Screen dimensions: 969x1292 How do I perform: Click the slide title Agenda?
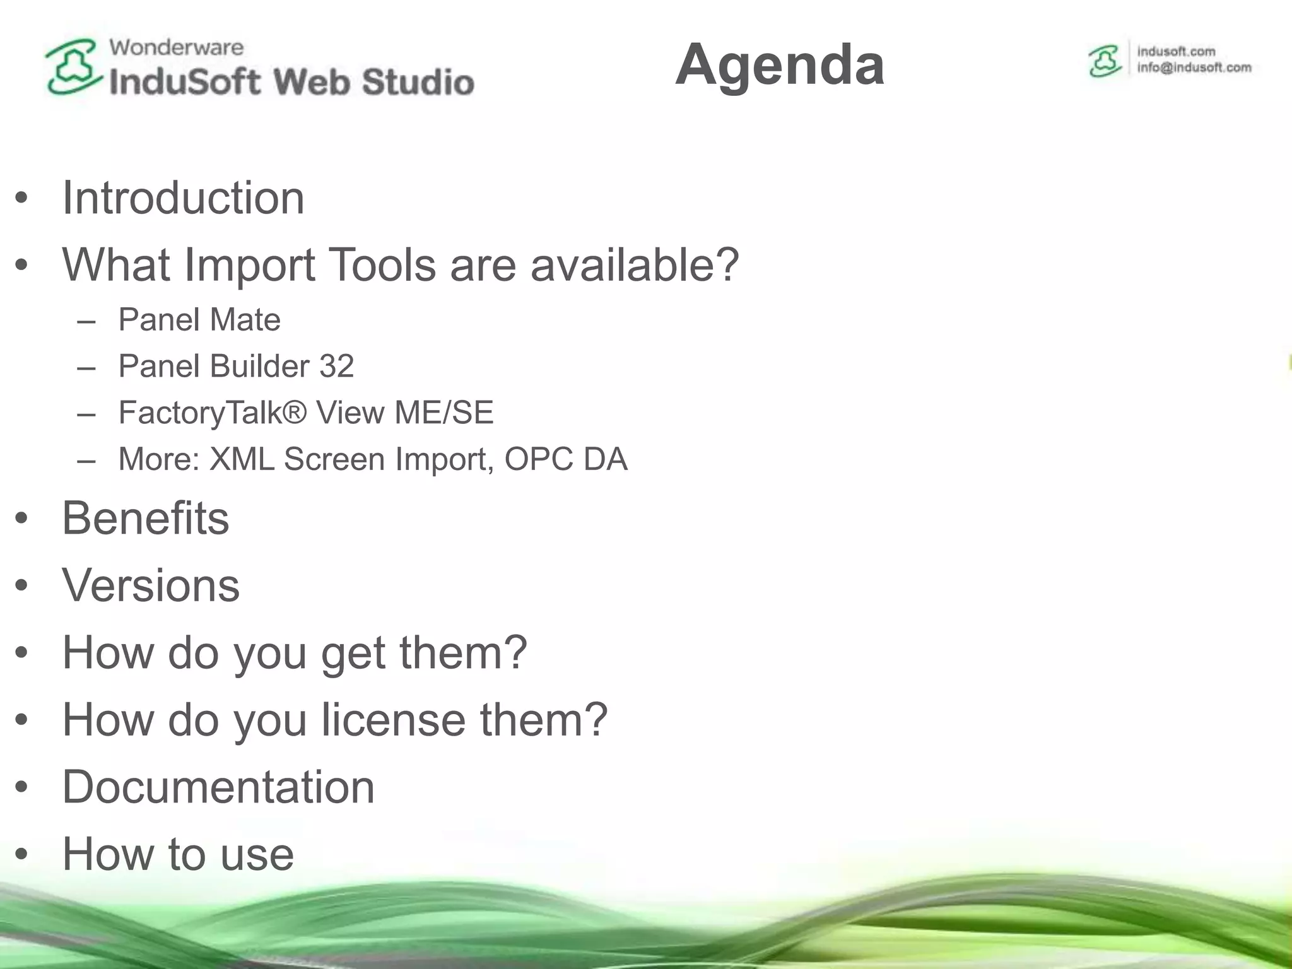tap(780, 64)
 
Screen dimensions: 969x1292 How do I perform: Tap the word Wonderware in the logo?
tap(176, 47)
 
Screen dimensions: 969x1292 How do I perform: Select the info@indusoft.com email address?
tap(1194, 68)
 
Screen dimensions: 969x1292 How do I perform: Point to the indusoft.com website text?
tap(1176, 52)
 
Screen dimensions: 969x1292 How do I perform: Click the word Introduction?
tap(183, 198)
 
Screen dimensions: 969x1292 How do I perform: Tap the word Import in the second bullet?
tap(250, 265)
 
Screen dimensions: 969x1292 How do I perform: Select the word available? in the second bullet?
tap(634, 265)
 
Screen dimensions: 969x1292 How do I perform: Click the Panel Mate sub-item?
tap(199, 319)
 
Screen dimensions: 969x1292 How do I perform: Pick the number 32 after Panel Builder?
tap(336, 366)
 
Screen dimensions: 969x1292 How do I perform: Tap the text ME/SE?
tap(443, 413)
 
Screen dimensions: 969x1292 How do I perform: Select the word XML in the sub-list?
tap(242, 459)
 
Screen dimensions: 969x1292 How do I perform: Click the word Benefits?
tap(146, 518)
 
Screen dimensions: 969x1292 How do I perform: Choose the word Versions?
tap(151, 585)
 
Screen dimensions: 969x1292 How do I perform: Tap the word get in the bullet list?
tap(353, 653)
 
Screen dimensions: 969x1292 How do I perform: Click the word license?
tap(394, 719)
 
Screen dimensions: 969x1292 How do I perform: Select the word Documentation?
tap(218, 787)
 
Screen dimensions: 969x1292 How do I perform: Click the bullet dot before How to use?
tap(22, 854)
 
